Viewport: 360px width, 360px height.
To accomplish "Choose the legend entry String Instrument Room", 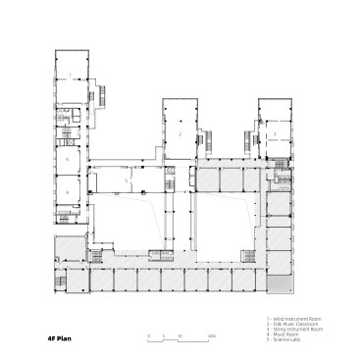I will (294, 330).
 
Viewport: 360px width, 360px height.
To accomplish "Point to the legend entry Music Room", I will (284, 334).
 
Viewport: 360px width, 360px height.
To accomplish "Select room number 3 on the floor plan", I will (275, 133).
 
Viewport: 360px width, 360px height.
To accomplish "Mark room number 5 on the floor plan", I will (127, 182).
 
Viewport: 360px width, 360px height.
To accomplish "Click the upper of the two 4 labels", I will (68, 157).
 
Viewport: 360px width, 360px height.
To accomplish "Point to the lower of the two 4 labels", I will (68, 191).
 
